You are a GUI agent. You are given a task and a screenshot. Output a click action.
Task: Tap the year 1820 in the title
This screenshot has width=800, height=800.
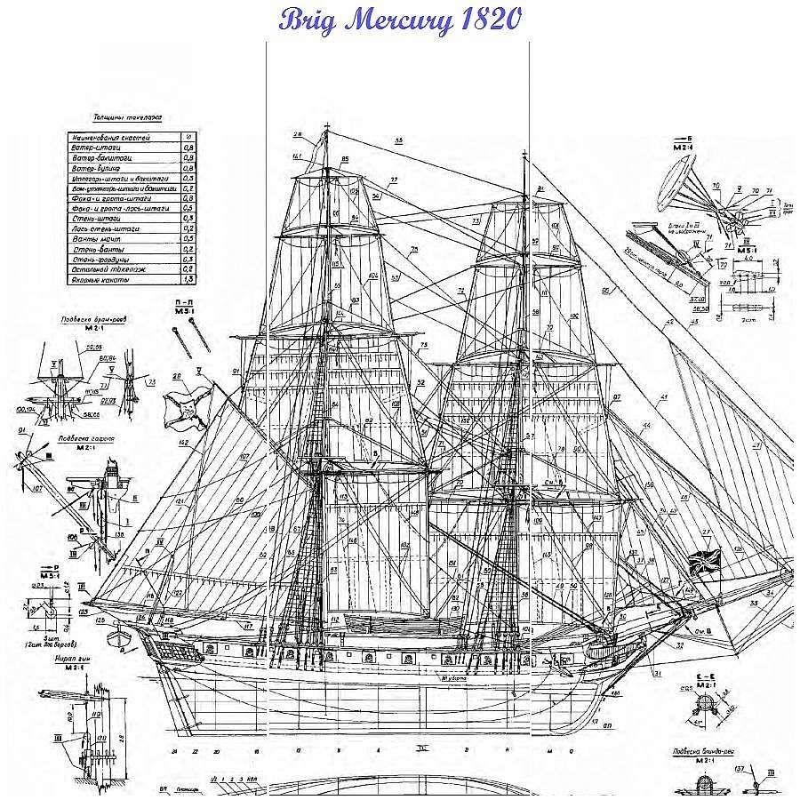[x=487, y=20]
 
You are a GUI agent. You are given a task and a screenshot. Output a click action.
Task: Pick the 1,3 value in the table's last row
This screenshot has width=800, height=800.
[x=188, y=280]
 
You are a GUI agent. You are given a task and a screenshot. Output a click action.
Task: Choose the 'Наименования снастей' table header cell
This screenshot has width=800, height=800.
[x=111, y=138]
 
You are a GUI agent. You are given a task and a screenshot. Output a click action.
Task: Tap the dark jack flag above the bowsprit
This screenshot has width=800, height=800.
[x=704, y=562]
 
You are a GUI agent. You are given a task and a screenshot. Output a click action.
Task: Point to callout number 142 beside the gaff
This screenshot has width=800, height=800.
[x=183, y=442]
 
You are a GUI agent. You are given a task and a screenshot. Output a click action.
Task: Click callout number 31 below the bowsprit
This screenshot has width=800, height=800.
[x=658, y=673]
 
